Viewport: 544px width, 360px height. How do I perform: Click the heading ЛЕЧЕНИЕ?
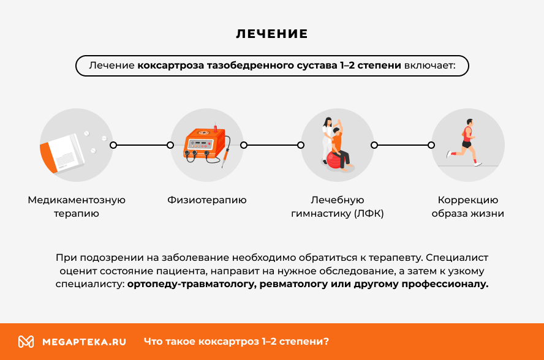click(272, 34)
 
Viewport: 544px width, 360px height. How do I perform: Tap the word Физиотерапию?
click(207, 200)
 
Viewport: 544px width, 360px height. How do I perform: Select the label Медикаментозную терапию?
click(77, 207)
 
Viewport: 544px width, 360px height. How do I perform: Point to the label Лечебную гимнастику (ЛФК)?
click(338, 207)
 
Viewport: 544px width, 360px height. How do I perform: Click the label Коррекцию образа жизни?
click(468, 207)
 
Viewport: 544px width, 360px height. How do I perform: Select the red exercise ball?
click(334, 161)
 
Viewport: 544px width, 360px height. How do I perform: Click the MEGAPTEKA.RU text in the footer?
click(84, 342)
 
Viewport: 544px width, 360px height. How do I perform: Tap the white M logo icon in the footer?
click(26, 342)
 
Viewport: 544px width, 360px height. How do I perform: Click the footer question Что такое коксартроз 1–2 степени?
click(236, 342)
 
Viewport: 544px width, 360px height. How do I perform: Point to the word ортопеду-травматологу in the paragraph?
click(192, 284)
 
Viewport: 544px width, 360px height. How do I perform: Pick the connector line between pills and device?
click(142, 145)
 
